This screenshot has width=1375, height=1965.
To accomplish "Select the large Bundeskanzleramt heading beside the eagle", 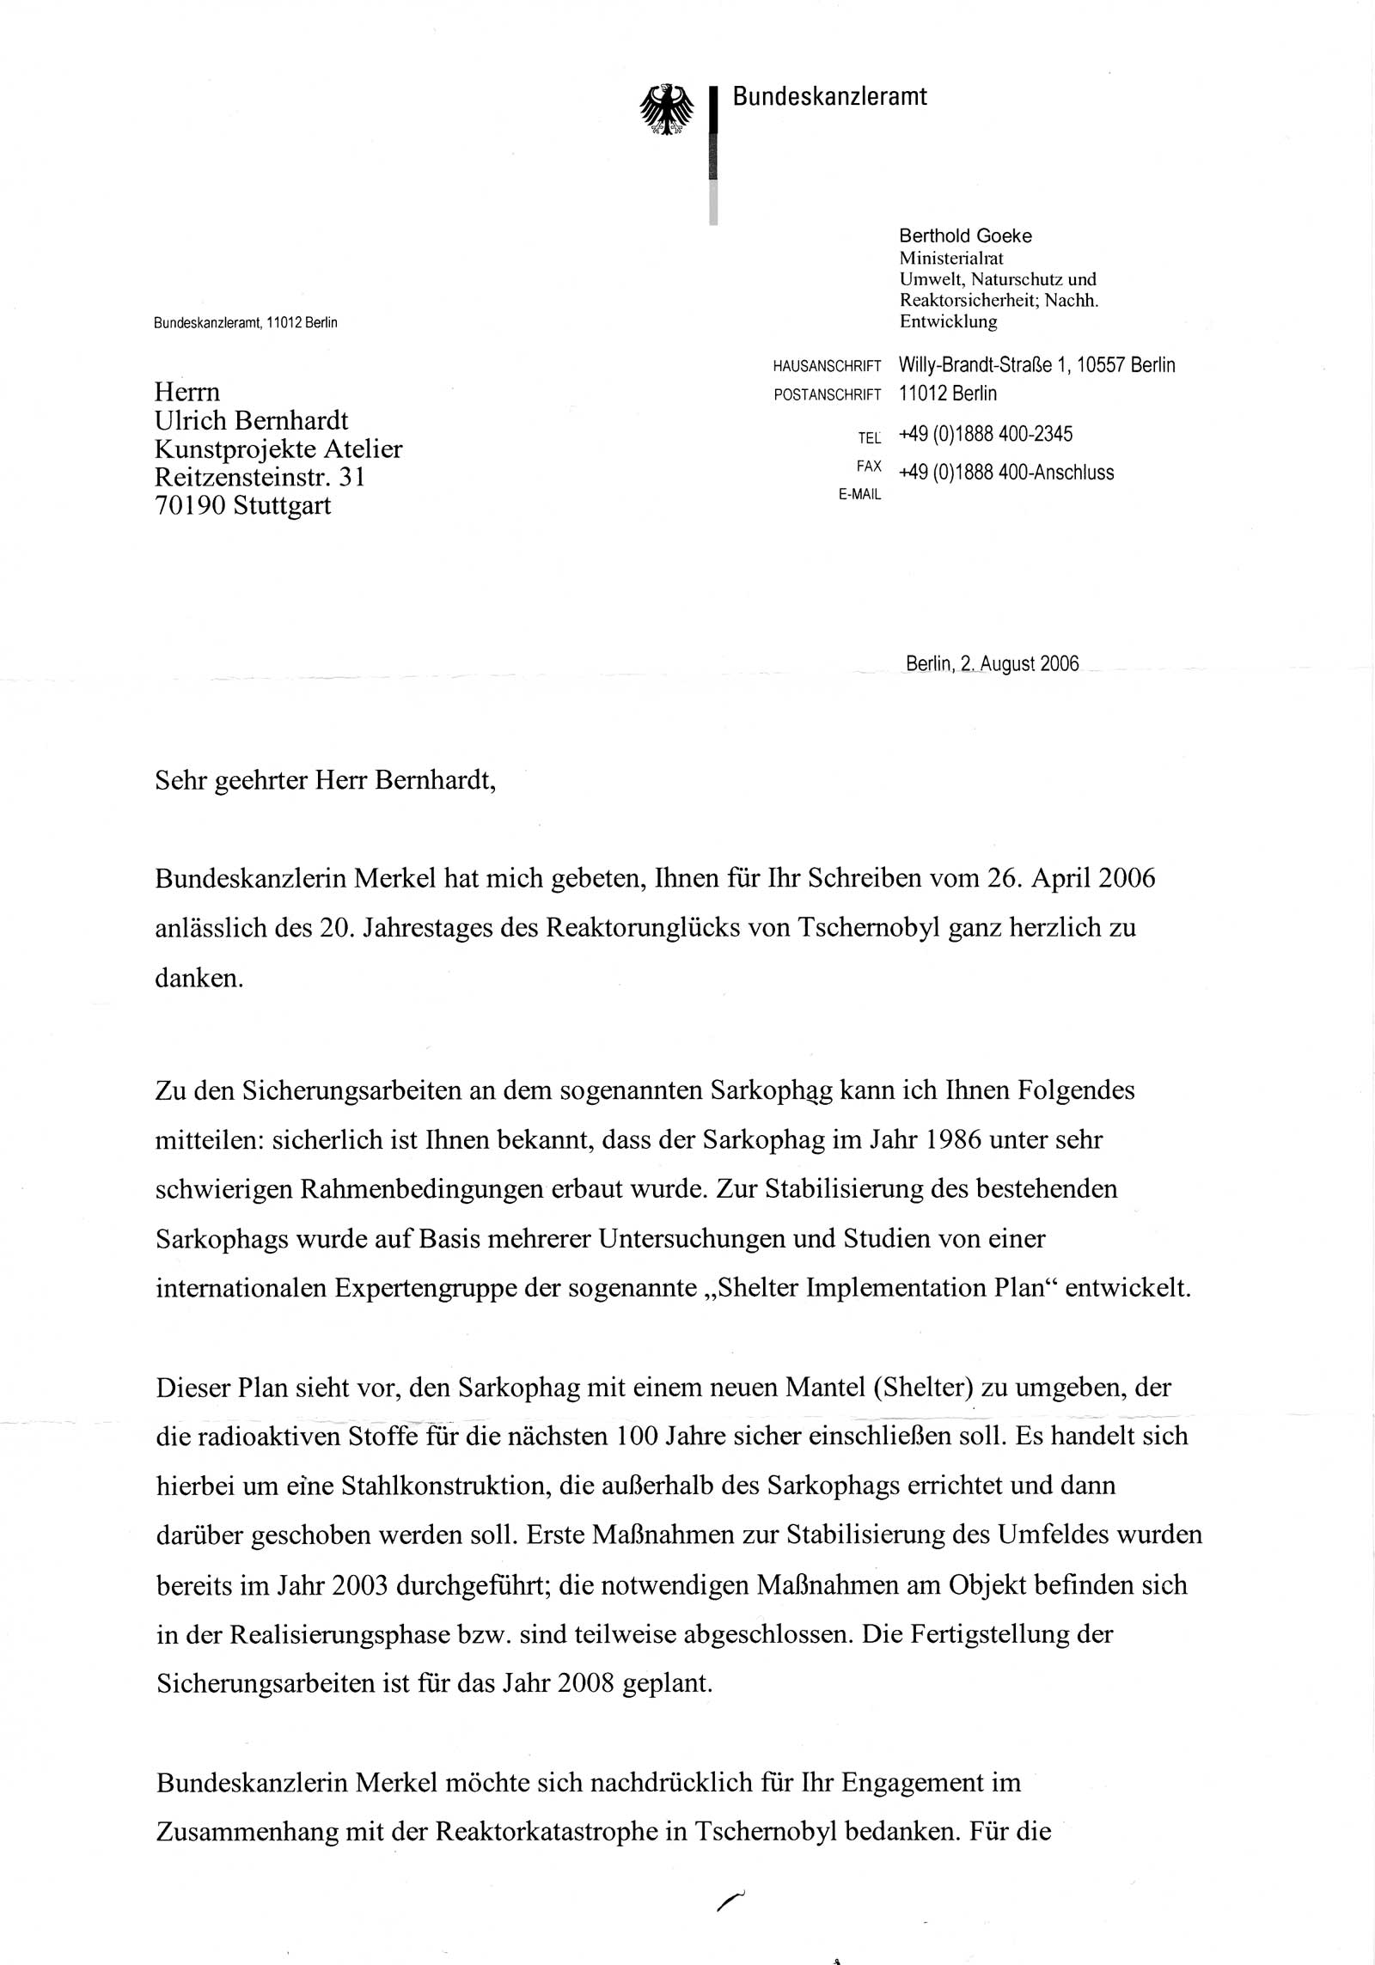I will click(x=829, y=96).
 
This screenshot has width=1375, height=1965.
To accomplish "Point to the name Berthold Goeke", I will click(x=965, y=235).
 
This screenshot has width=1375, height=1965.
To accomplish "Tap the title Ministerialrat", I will click(x=951, y=258).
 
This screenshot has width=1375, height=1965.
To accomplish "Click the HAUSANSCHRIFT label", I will click(x=827, y=367).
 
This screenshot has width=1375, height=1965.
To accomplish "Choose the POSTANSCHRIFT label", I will click(x=827, y=395).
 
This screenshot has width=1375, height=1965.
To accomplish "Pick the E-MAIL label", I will click(x=859, y=495).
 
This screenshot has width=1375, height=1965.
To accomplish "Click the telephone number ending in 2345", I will click(x=986, y=434).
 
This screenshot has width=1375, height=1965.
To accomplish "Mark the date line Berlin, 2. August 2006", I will click(x=992, y=664).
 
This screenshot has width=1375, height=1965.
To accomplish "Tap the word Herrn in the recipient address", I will click(x=186, y=392).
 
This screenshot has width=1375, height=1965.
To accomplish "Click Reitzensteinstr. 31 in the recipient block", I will click(x=260, y=477).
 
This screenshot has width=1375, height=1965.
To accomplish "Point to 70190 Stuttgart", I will click(x=242, y=505).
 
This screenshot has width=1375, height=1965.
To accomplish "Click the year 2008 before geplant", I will click(x=585, y=1683).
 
